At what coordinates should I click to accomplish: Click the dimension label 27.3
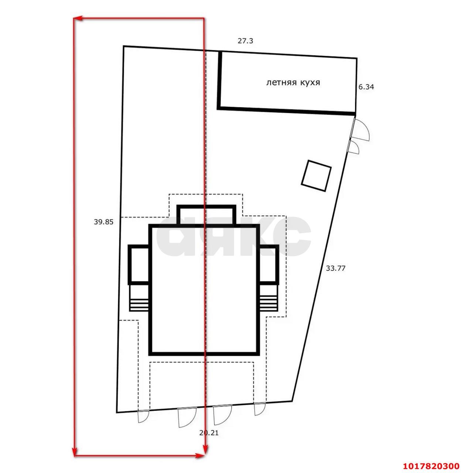[245, 41]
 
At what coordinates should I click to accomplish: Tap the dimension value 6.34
[366, 87]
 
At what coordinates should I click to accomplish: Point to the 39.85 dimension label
[103, 222]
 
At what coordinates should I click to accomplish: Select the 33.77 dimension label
[335, 268]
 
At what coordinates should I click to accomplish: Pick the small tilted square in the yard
[316, 176]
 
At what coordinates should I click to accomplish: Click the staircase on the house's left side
[139, 297]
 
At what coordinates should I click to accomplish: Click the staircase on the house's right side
[269, 297]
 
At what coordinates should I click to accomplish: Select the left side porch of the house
[139, 265]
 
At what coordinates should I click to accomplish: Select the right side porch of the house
[269, 265]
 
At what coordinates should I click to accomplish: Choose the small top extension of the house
[206, 215]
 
